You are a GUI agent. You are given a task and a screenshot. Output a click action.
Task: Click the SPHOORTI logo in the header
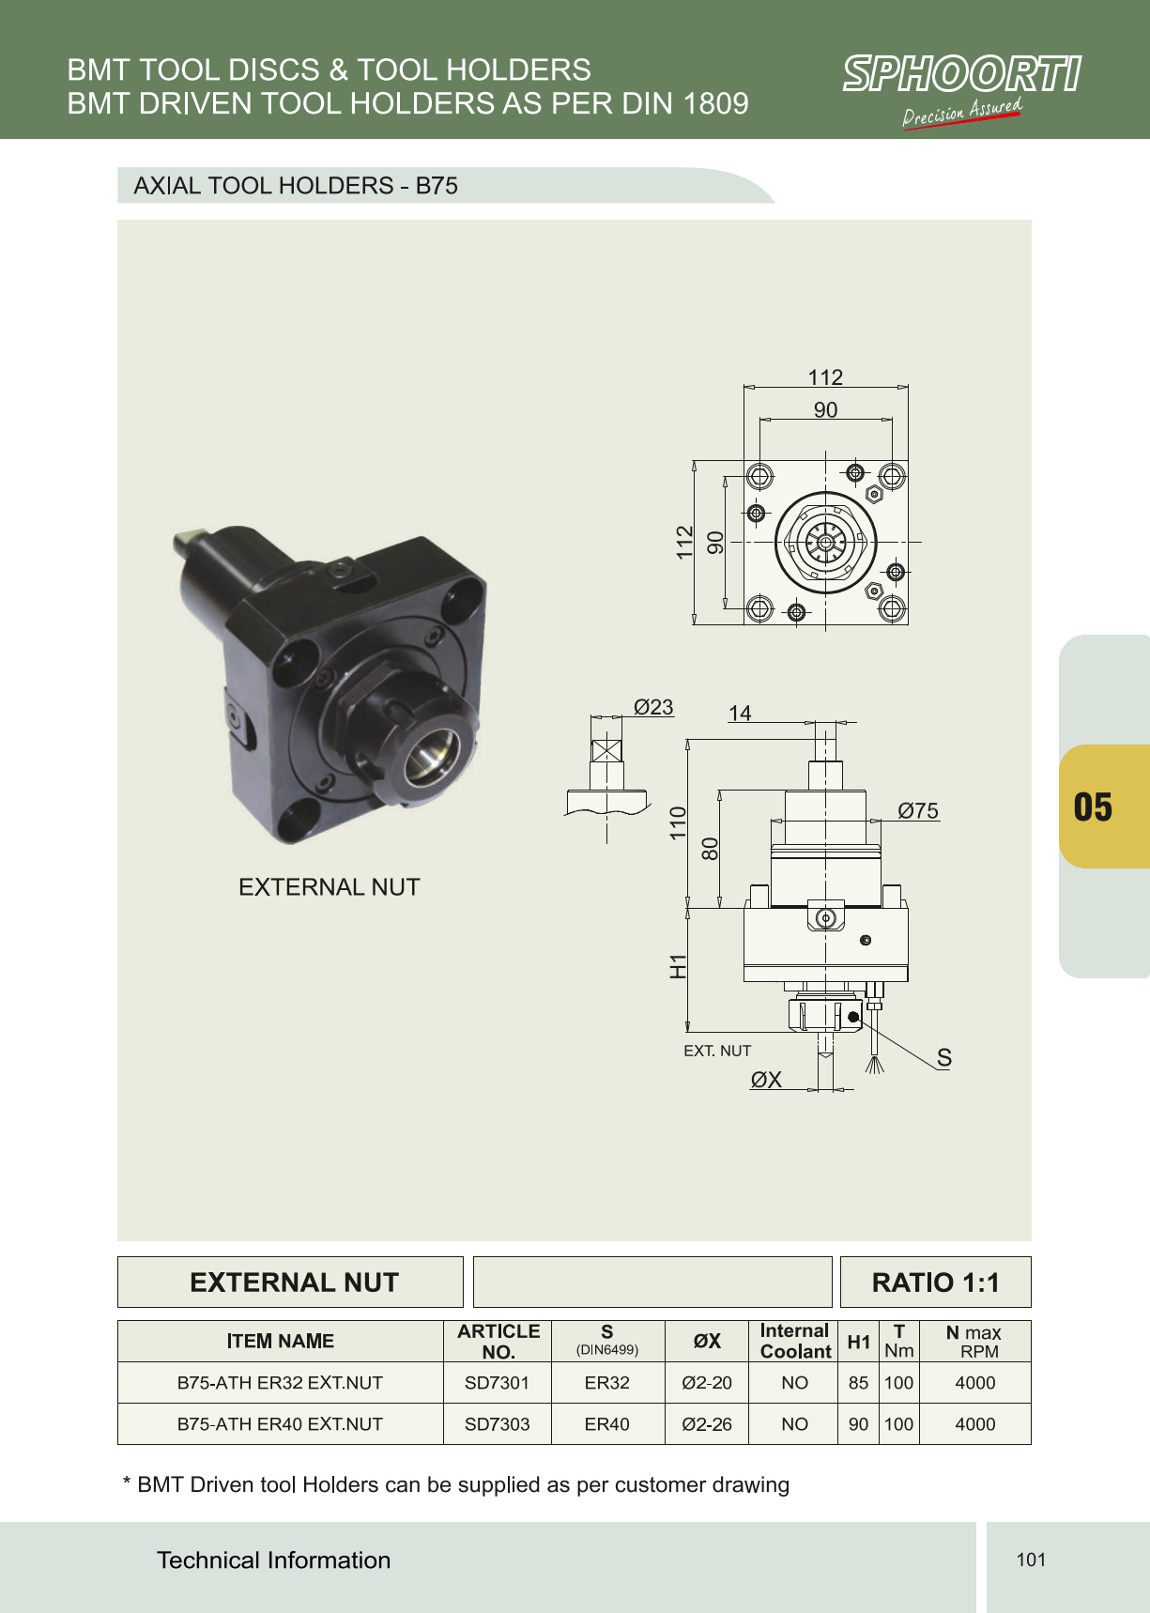pyautogui.click(x=961, y=90)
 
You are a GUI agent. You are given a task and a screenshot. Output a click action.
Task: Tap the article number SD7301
pyautogui.click(x=497, y=1383)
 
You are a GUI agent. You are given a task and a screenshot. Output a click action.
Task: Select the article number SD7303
pyautogui.click(x=497, y=1424)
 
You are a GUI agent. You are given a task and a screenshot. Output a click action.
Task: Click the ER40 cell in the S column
pyautogui.click(x=606, y=1424)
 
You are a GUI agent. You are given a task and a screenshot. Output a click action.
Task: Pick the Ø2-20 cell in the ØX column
pyautogui.click(x=707, y=1383)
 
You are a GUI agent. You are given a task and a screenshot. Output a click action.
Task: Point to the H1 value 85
pyautogui.click(x=858, y=1383)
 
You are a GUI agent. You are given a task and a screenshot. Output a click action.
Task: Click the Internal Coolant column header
pyautogui.click(x=795, y=1341)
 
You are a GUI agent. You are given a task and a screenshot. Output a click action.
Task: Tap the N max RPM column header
pyautogui.click(x=974, y=1342)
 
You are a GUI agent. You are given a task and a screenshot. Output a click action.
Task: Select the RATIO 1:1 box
pyautogui.click(x=935, y=1282)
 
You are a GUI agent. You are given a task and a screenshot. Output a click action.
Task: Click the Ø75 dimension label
pyautogui.click(x=918, y=810)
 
